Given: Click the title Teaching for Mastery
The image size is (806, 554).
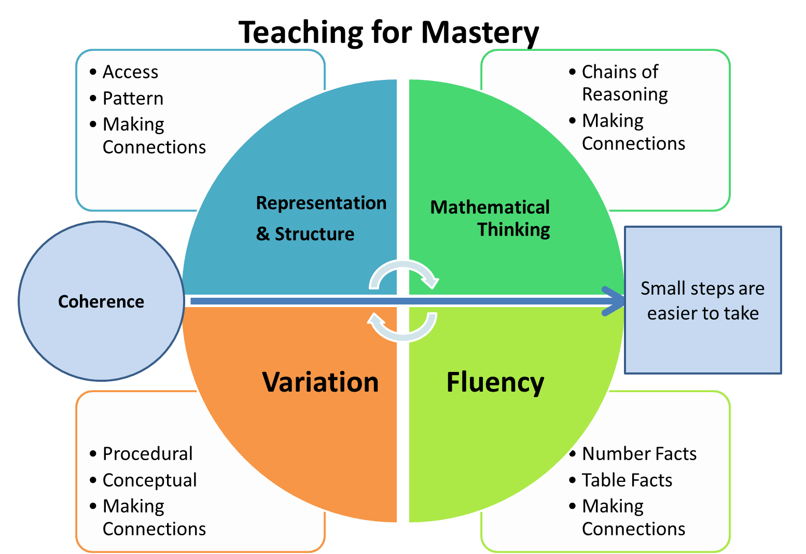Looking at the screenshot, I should pos(389,32).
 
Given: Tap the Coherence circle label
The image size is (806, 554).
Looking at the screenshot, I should pos(101,301).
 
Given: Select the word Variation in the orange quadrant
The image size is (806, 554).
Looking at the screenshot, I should pos(321,382).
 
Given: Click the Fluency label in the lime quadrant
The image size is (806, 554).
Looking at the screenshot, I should pos(495,383).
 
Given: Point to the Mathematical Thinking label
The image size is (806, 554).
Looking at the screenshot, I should pos(490,218).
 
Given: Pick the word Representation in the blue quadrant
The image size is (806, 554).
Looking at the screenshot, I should pos(321,203).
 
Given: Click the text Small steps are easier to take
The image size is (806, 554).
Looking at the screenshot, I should pos(703,300).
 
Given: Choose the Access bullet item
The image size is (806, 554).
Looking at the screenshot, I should pos(130,72).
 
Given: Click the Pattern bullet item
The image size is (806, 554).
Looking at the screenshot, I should pos(133,98).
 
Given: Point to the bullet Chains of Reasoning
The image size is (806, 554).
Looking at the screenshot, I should pos(624,83).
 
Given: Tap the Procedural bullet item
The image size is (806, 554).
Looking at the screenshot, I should pos(147,453).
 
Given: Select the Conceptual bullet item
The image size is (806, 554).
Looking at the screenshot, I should pos(149,480).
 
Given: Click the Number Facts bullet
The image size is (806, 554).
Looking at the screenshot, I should pos(639,453).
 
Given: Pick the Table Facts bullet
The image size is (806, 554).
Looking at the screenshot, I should pos(627,480).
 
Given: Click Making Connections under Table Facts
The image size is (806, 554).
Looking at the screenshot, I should pos(633,517).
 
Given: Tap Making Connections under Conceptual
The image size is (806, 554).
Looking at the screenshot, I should pos(154,517).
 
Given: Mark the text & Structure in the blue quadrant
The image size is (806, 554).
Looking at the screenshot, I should pos(305,234).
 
